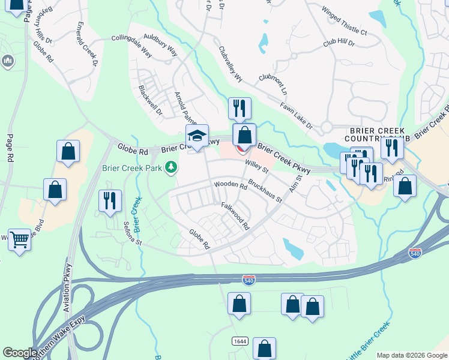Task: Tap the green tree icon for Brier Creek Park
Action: click(x=172, y=166)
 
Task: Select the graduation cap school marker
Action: click(x=197, y=136)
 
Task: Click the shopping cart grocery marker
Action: click(x=20, y=240)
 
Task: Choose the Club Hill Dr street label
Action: click(x=339, y=44)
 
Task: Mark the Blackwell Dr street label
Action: click(x=150, y=100)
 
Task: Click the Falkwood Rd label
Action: click(x=235, y=216)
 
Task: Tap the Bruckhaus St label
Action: click(x=265, y=191)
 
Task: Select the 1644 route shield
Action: click(x=240, y=341)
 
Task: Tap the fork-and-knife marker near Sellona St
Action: click(x=110, y=201)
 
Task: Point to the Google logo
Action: click(x=20, y=353)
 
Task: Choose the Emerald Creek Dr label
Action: click(x=87, y=44)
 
